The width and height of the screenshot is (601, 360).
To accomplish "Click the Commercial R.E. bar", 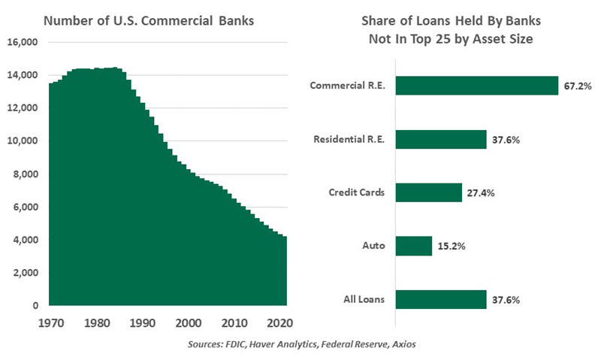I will pyautogui.click(x=476, y=86).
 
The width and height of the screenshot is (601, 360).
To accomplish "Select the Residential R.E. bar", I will pyautogui.click(x=440, y=139).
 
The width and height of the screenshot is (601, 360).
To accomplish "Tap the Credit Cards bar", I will pyautogui.click(x=428, y=192).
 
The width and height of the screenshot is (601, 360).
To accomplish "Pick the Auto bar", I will pyautogui.click(x=413, y=246).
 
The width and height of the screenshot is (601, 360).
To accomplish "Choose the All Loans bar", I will pyautogui.click(x=440, y=299).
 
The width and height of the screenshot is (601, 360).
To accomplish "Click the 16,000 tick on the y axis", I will pyautogui.click(x=23, y=42).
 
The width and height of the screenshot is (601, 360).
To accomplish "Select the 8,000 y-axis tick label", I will pyautogui.click(x=25, y=174).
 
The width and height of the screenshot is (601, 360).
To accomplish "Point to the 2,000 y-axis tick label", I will pyautogui.click(x=25, y=273).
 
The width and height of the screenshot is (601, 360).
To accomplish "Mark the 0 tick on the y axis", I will pyautogui.click(x=35, y=306).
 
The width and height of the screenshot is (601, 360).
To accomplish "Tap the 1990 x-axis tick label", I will pyautogui.click(x=141, y=324).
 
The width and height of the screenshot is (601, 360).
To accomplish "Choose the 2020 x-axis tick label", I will pyautogui.click(x=279, y=324).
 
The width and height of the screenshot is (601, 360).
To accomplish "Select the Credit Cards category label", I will pyautogui.click(x=358, y=193).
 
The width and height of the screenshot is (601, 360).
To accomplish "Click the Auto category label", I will pyautogui.click(x=373, y=247).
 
